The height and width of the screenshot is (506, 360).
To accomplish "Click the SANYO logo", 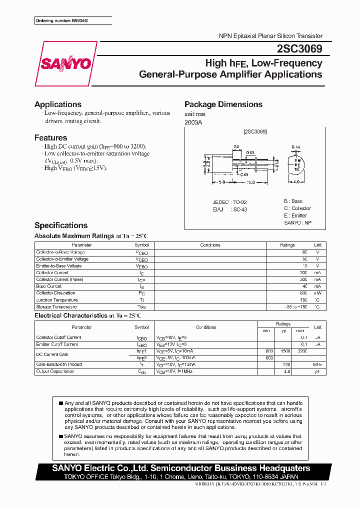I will (66, 63).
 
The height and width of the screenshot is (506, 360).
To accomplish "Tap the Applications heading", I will (58, 104).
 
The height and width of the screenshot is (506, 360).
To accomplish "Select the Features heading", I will (50, 137).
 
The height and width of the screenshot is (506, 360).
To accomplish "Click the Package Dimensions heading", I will (223, 104).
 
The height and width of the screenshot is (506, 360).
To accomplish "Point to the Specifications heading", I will (61, 225).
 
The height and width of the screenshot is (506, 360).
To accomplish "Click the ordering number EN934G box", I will (73, 20).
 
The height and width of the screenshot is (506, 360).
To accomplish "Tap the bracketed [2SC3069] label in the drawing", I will (255, 131).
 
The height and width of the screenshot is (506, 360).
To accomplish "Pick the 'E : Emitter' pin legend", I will (295, 215).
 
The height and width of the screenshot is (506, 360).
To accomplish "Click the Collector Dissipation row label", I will (55, 293).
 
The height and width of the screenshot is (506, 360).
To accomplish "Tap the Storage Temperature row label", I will (56, 306).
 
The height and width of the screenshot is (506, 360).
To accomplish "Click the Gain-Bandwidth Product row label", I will (59, 364).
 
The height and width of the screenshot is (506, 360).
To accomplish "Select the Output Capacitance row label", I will (55, 371).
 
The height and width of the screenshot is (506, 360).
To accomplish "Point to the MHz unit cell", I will (317, 364).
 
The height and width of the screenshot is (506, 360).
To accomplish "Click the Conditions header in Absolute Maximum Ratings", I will (210, 245).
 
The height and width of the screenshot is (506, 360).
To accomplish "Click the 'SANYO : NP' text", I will (297, 222).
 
